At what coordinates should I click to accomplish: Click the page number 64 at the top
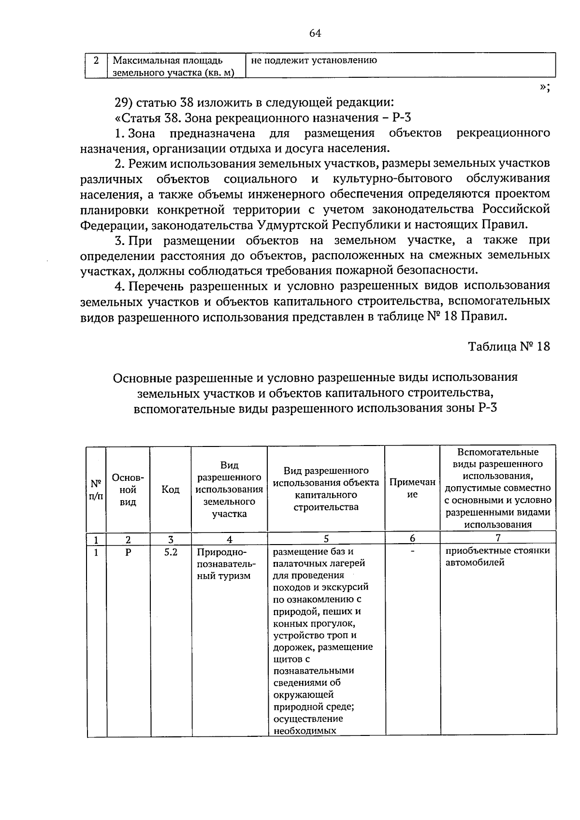coord(315,33)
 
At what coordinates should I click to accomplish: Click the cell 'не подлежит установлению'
coord(314,61)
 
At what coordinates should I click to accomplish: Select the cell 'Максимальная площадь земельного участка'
coord(173,67)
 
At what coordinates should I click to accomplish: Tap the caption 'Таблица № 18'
coord(509,346)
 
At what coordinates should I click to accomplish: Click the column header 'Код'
coord(170,489)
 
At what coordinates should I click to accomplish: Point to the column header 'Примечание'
coord(412,488)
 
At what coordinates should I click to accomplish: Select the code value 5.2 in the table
coord(170,551)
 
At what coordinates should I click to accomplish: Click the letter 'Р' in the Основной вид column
coord(128,551)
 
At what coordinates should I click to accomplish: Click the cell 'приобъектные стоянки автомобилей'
coord(497,557)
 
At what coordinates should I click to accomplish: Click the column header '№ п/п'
coord(96,489)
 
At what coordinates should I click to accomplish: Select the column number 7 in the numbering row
coord(498,538)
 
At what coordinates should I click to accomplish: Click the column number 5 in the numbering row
coord(326,538)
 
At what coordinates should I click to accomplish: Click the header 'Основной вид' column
coord(128,489)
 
